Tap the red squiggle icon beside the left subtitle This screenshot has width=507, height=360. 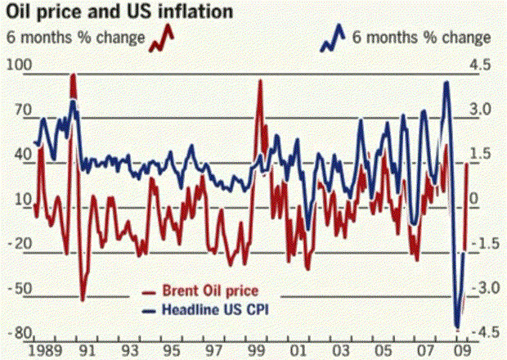click(x=162, y=37)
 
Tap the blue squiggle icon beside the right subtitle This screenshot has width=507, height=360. click(x=332, y=37)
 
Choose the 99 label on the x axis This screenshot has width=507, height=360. click(x=258, y=351)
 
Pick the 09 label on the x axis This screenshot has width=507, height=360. click(x=463, y=351)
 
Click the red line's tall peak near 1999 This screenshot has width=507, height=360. click(x=260, y=80)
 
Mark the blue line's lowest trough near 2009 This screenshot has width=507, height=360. click(x=457, y=326)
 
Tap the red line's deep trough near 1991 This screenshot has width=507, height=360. click(x=82, y=299)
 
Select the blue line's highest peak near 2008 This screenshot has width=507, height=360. click(x=446, y=82)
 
